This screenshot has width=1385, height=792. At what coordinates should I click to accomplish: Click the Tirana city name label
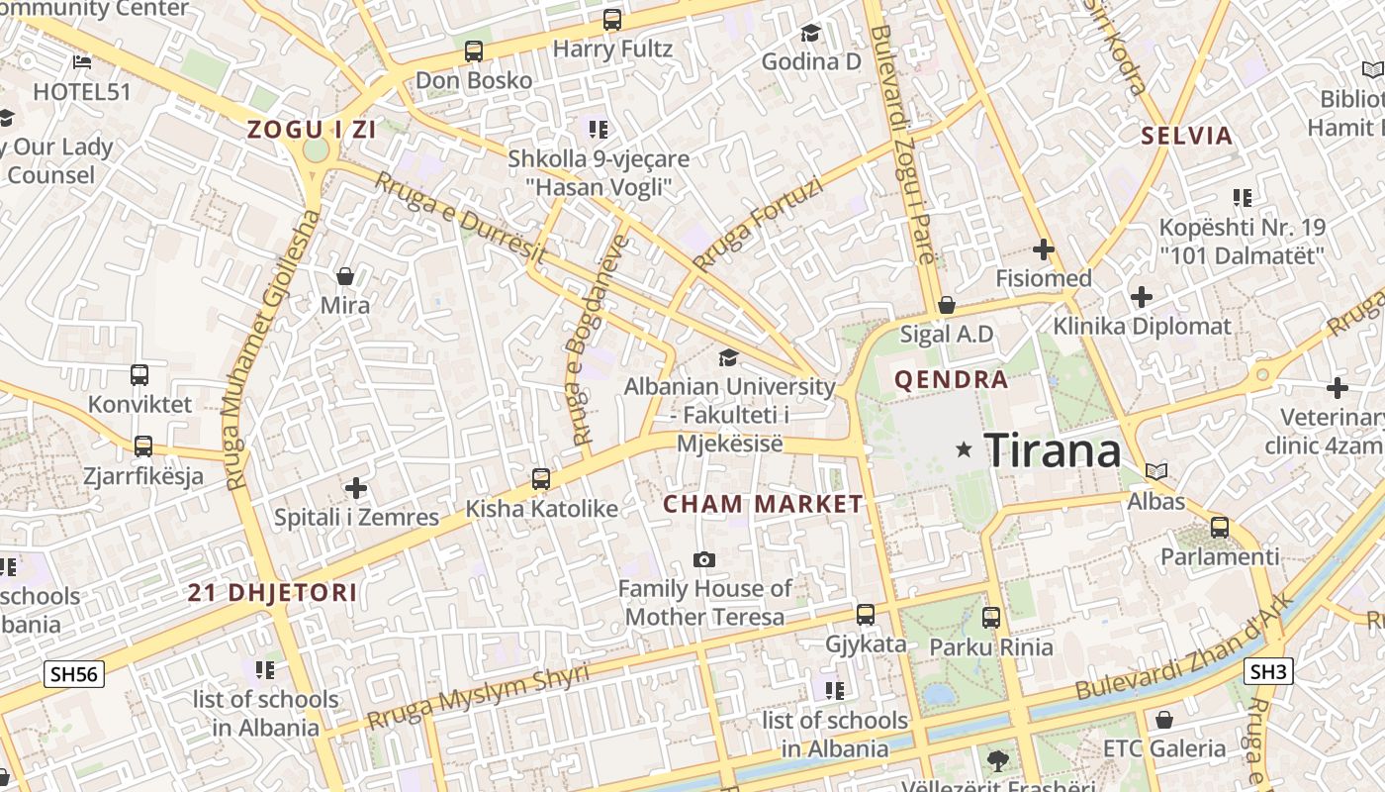(1053, 451)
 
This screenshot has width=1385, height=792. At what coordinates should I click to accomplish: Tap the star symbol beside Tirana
(964, 450)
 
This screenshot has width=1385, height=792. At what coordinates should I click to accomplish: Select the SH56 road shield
(74, 674)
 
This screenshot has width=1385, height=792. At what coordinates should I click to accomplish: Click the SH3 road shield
(1269, 672)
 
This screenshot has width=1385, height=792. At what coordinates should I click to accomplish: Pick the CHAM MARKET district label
(763, 504)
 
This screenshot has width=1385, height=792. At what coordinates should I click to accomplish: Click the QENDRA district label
(951, 379)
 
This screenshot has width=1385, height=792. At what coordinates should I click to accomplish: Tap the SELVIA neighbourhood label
(1187, 136)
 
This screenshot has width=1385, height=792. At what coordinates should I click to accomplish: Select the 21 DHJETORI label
(273, 593)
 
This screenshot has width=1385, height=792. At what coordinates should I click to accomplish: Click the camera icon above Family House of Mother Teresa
(704, 559)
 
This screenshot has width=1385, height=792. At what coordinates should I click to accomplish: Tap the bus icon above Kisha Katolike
(541, 479)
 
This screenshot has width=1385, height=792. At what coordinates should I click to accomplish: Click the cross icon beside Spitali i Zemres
(356, 487)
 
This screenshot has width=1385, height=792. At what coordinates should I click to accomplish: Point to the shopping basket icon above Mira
(345, 276)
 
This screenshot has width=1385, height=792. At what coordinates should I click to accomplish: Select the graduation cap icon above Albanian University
(729, 357)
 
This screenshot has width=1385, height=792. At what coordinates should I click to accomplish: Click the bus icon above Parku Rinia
(991, 618)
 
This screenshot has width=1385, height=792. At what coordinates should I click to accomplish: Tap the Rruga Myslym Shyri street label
(477, 697)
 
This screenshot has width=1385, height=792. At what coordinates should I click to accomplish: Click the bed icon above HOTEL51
(82, 62)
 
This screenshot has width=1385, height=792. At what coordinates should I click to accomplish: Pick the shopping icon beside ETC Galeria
(1164, 720)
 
